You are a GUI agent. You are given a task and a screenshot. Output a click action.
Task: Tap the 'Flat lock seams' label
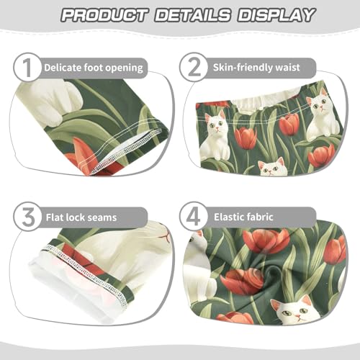click(81, 215)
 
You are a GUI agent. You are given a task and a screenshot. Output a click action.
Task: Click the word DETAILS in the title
click(189, 15)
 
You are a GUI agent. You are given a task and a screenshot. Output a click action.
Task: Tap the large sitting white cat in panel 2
click(214, 137)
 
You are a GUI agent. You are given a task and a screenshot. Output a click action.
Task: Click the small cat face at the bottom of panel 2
click(272, 168)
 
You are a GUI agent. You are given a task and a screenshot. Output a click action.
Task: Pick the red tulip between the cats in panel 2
click(245, 137)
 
